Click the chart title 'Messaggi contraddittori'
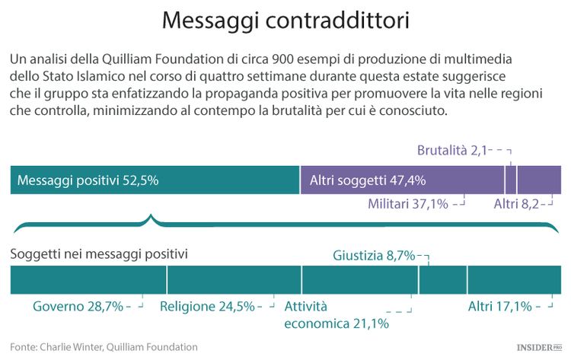[285, 21]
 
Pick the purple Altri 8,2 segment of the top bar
[539, 180]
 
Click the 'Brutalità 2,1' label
[451, 151]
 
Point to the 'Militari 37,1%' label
[407, 204]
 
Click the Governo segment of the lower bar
[88, 280]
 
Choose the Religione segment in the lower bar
[234, 280]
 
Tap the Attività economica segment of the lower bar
[359, 280]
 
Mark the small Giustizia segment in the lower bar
[442, 280]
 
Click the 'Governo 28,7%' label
[78, 307]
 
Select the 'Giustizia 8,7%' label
[374, 256]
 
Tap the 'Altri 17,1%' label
[499, 307]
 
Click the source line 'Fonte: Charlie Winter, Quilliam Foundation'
[104, 347]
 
